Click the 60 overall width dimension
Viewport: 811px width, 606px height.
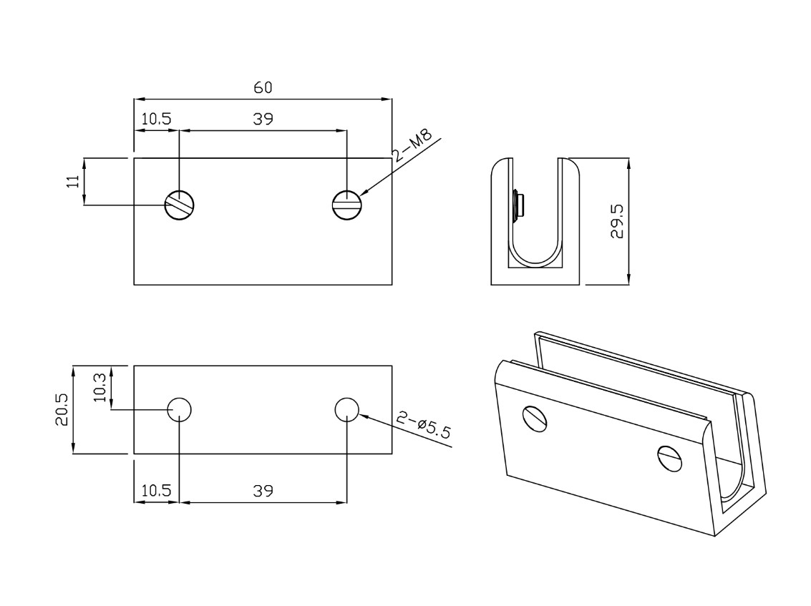tap(263, 87)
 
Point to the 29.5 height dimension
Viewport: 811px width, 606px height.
tap(616, 221)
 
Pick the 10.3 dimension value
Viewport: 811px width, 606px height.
tap(101, 386)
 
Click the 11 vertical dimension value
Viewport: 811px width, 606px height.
tap(72, 181)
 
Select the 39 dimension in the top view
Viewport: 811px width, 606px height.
tap(263, 119)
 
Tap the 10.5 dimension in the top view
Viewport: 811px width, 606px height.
tap(156, 119)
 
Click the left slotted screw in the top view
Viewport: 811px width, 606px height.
tap(180, 205)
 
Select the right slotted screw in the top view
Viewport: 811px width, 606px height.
tap(347, 205)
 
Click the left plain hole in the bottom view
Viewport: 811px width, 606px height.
tap(179, 410)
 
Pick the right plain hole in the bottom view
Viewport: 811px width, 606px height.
tap(347, 410)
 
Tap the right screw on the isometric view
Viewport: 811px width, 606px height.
tap(670, 458)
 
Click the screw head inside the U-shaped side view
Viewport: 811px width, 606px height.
tap(518, 204)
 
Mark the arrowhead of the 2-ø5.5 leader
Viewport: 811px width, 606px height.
tap(363, 415)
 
